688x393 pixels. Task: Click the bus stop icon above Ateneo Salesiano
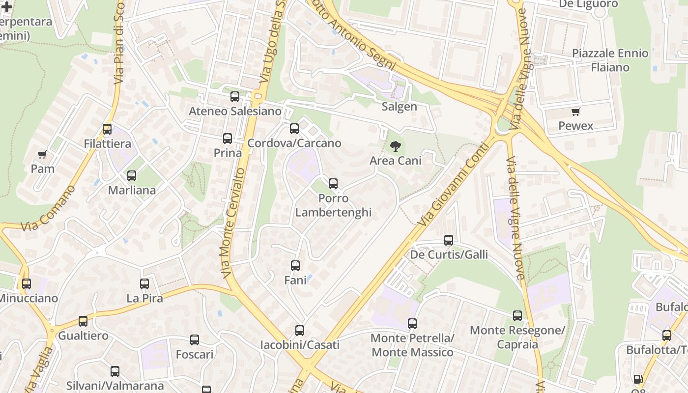click(x=235, y=97)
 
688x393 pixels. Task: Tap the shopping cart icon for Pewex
click(x=575, y=112)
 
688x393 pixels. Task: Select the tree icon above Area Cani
click(x=395, y=146)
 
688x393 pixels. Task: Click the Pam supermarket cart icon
click(x=42, y=154)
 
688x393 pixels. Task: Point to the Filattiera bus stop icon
click(x=107, y=129)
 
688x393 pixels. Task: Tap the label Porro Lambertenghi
click(x=333, y=205)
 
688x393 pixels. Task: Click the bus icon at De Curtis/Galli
click(x=449, y=240)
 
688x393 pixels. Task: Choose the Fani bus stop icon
click(x=295, y=266)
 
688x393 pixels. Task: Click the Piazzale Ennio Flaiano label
click(x=610, y=60)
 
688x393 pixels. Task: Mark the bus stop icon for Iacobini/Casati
click(x=300, y=331)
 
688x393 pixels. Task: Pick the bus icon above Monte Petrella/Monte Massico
click(x=412, y=324)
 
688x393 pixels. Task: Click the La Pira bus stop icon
click(x=144, y=284)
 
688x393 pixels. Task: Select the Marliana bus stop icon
click(x=132, y=176)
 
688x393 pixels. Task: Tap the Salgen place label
click(x=399, y=107)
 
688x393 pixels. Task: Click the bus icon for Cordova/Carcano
click(x=294, y=129)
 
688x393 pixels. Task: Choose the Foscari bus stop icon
click(x=195, y=340)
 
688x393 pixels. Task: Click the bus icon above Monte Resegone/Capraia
click(x=517, y=316)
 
